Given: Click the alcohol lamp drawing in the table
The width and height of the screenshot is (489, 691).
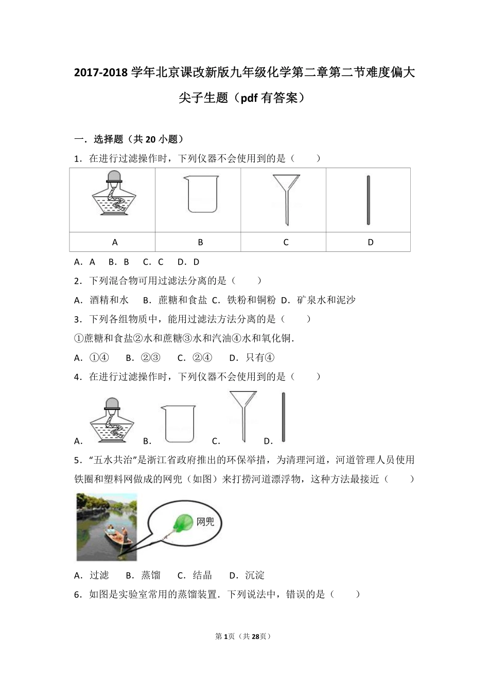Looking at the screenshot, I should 113,198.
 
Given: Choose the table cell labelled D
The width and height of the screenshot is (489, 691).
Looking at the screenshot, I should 371,242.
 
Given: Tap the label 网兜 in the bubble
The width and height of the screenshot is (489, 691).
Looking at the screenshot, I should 205,522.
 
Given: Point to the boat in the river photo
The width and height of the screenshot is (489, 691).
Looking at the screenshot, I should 117,538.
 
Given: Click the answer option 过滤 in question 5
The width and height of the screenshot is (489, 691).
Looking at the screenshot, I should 99,575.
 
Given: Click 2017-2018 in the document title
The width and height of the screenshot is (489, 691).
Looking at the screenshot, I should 101,73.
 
